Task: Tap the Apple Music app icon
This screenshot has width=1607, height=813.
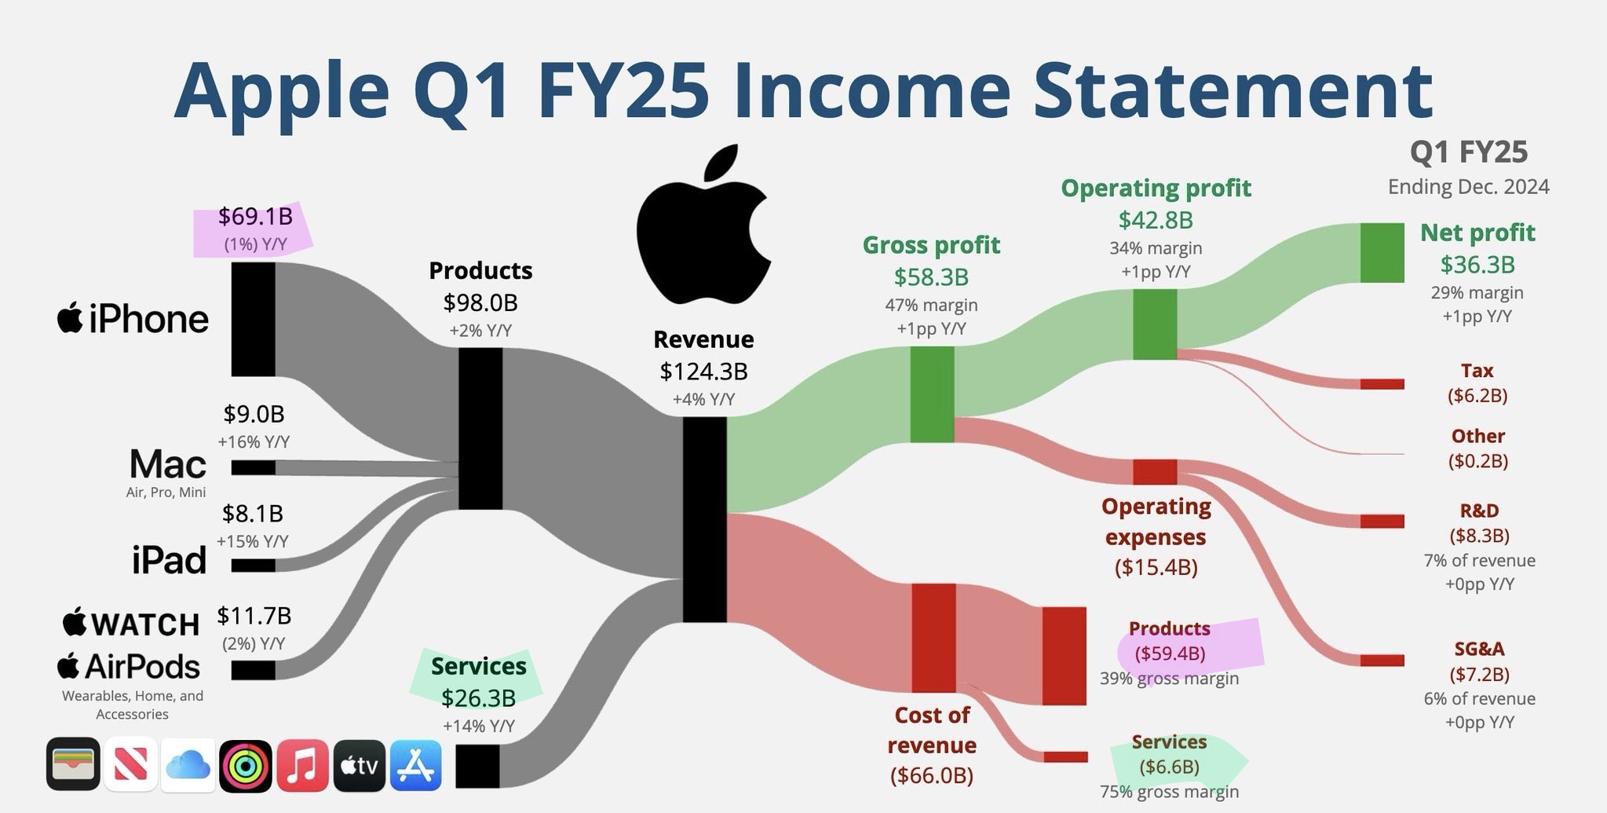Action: click(x=302, y=765)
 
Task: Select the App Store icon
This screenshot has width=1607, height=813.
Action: click(x=415, y=765)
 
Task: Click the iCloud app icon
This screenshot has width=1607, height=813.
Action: click(x=188, y=765)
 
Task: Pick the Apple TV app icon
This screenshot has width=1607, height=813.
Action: click(x=359, y=765)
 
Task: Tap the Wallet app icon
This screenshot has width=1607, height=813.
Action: click(x=73, y=764)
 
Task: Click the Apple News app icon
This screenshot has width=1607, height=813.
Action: click(x=130, y=765)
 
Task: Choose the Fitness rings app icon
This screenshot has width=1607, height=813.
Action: click(x=245, y=765)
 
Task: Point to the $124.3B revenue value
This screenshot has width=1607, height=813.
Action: click(x=703, y=371)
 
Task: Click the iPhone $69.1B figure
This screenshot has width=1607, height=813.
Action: click(x=255, y=216)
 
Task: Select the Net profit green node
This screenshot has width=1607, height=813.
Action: click(x=1382, y=252)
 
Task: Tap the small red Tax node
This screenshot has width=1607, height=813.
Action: click(x=1382, y=384)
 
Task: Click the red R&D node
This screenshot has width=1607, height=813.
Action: click(x=1382, y=522)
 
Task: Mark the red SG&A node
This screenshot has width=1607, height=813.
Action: click(x=1382, y=661)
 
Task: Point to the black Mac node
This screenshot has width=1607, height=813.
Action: click(x=253, y=467)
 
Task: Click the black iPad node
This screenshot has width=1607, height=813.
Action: click(x=253, y=566)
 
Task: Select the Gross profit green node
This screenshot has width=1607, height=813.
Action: click(x=932, y=394)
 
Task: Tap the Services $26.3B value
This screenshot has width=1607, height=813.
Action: click(x=478, y=698)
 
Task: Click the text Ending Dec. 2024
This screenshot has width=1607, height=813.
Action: click(x=1468, y=187)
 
